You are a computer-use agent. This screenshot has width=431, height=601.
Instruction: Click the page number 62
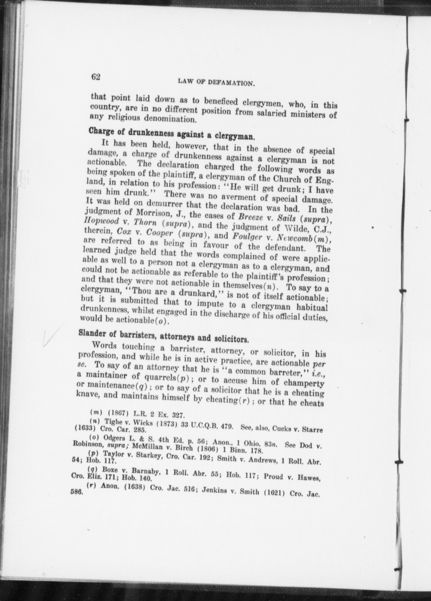[x=96, y=77]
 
